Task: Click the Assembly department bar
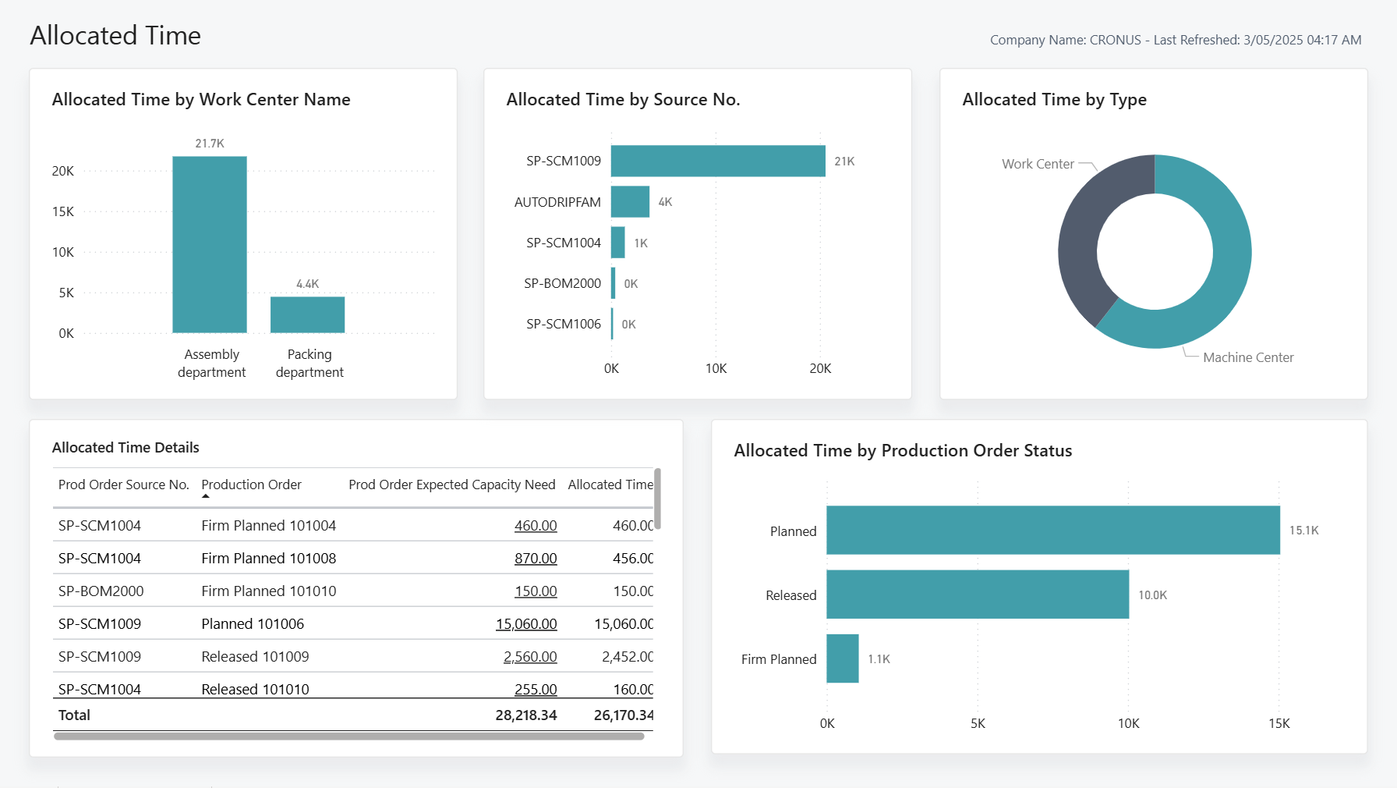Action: coord(209,244)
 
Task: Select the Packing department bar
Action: coord(307,314)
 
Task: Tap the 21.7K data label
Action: coord(209,144)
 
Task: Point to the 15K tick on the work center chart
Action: coord(62,211)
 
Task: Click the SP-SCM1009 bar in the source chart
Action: coord(717,161)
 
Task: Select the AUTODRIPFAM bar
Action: coord(630,201)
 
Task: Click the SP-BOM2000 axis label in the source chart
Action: coord(562,283)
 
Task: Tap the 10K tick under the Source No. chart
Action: coord(715,368)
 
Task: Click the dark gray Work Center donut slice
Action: coord(1091,226)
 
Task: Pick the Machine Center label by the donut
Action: coord(1247,357)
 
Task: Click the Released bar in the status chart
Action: coord(977,595)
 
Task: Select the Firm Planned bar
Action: coord(842,658)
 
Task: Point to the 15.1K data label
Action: coord(1303,531)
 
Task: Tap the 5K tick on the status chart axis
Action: coord(978,723)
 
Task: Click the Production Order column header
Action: coord(251,485)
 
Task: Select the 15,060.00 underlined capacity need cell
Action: coord(526,624)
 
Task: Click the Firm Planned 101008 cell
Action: coord(268,559)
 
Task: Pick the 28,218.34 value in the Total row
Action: coord(525,715)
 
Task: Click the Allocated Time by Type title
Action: coord(1054,100)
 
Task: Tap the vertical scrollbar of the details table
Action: coord(657,499)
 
